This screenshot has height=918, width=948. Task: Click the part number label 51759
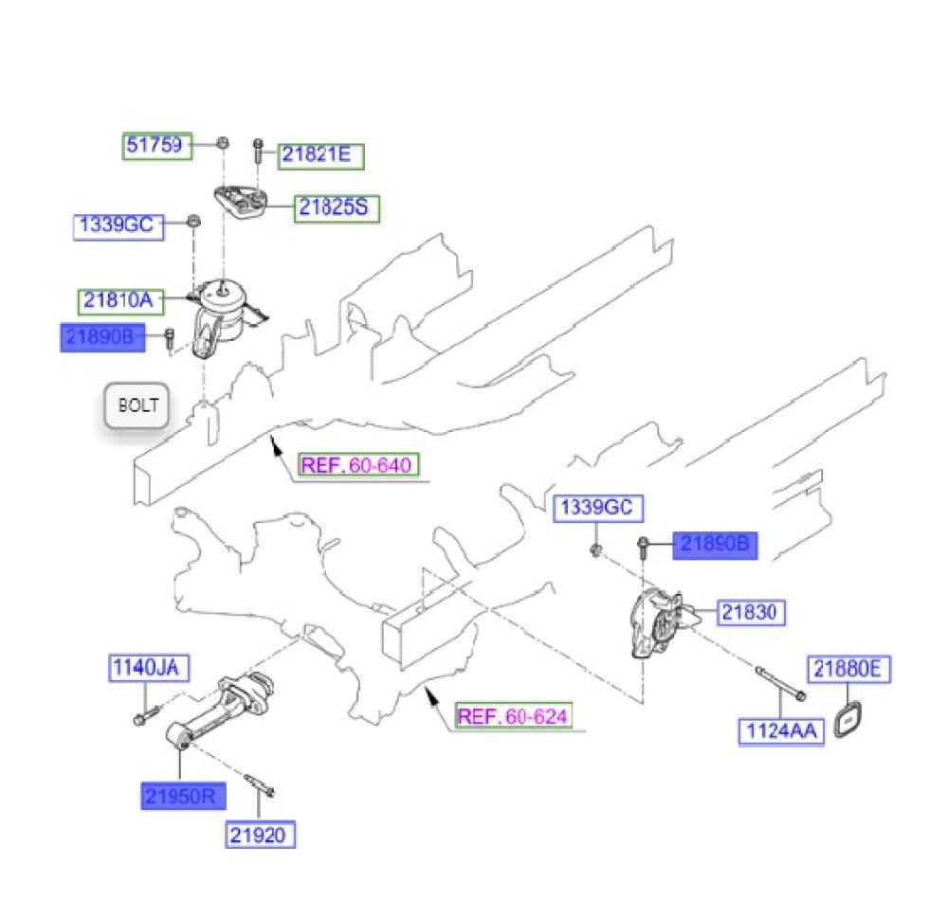(x=158, y=145)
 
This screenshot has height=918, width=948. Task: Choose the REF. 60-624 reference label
(x=515, y=715)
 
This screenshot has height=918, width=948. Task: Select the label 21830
(x=752, y=613)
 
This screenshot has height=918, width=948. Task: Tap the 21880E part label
(x=849, y=671)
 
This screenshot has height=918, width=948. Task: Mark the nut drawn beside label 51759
(x=219, y=143)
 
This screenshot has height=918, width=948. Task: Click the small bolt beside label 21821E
(x=257, y=152)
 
